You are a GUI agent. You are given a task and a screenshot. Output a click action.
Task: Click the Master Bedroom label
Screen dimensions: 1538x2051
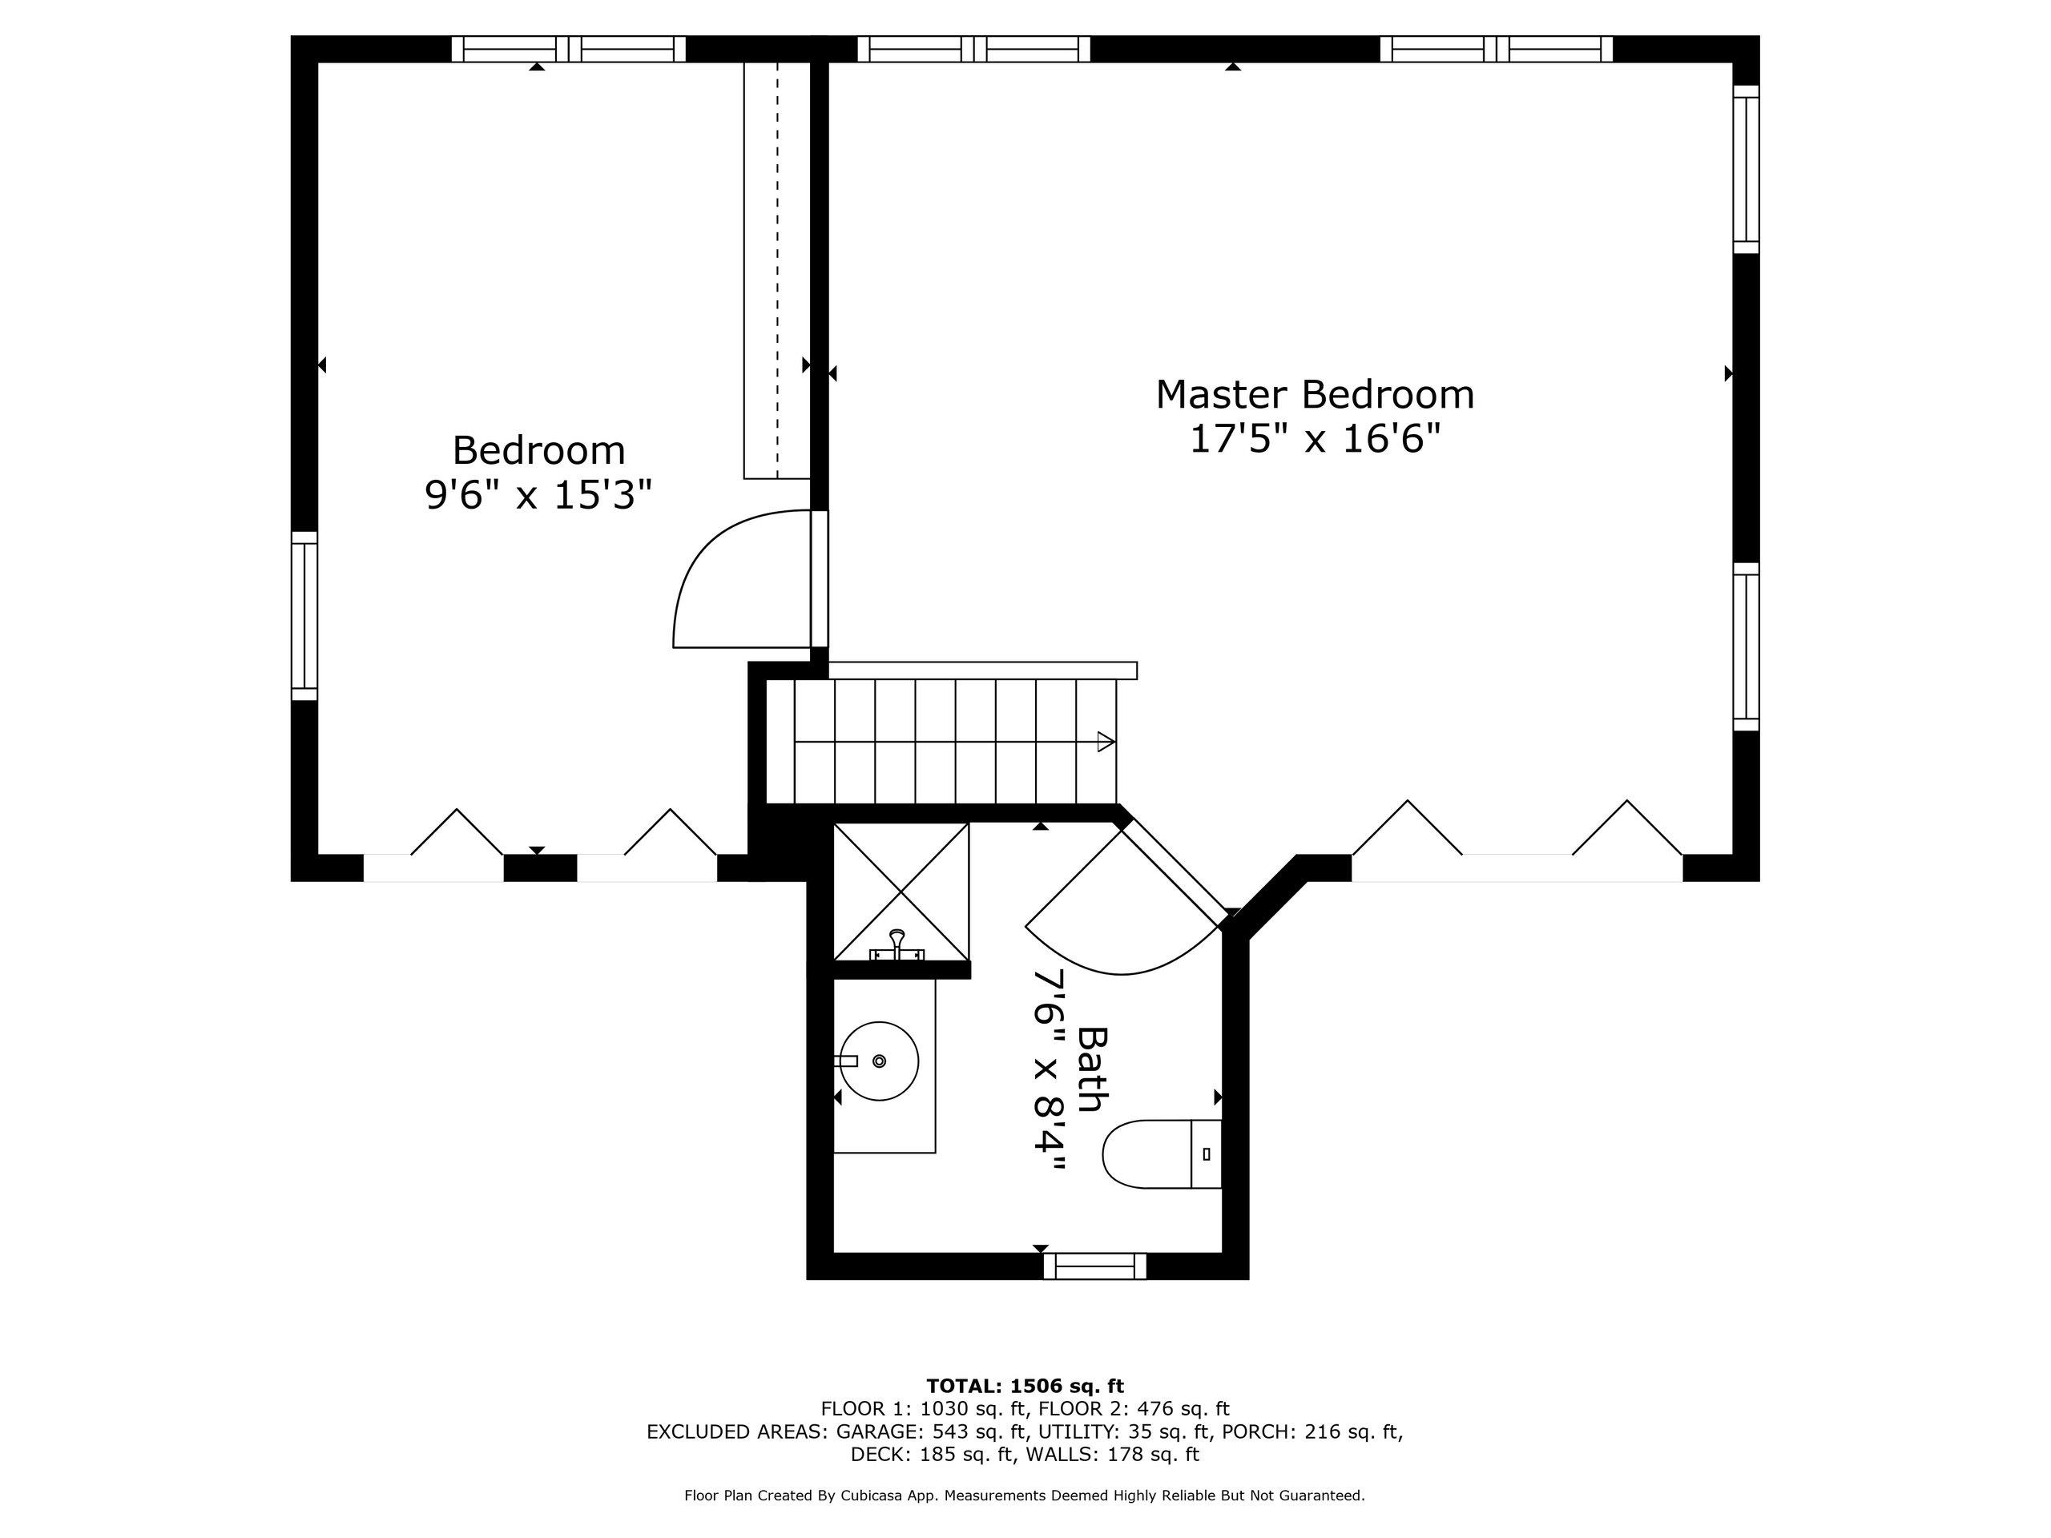(1314, 395)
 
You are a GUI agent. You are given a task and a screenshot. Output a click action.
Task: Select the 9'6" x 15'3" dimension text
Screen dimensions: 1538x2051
(538, 495)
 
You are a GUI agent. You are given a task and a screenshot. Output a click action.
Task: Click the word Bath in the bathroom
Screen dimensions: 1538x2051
(1092, 1069)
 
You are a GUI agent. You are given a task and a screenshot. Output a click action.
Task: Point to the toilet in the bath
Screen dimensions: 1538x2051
(1159, 1154)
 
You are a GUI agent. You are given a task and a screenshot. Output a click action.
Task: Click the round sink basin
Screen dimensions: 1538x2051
(879, 1061)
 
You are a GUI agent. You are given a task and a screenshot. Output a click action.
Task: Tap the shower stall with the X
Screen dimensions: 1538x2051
(901, 892)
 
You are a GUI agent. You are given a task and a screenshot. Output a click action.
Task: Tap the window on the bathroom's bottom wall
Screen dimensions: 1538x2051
(1094, 1266)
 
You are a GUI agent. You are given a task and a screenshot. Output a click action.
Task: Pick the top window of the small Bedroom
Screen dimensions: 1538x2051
(567, 49)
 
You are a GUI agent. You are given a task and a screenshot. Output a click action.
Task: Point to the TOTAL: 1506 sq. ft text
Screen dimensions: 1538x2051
(1025, 1386)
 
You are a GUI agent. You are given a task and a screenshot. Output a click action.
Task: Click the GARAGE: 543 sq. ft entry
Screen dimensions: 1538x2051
(933, 1431)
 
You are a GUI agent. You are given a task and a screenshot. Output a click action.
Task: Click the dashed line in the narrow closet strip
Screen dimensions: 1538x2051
(778, 269)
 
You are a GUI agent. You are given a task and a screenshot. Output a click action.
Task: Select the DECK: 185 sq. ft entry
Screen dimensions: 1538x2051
(932, 1454)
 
